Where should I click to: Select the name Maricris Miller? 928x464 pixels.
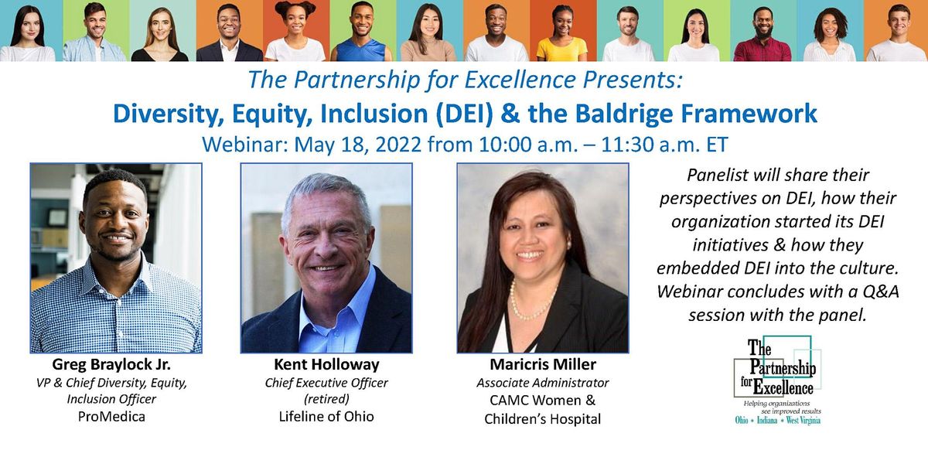tap(542, 364)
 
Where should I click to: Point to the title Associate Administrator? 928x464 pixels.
tap(542, 383)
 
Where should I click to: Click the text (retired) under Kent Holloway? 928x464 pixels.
tap(326, 399)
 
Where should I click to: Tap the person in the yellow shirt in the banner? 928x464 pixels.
tap(562, 35)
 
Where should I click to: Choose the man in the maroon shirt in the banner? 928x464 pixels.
tap(762, 35)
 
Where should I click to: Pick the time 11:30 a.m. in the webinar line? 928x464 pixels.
tap(599, 144)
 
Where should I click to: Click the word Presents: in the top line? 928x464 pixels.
tap(632, 80)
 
